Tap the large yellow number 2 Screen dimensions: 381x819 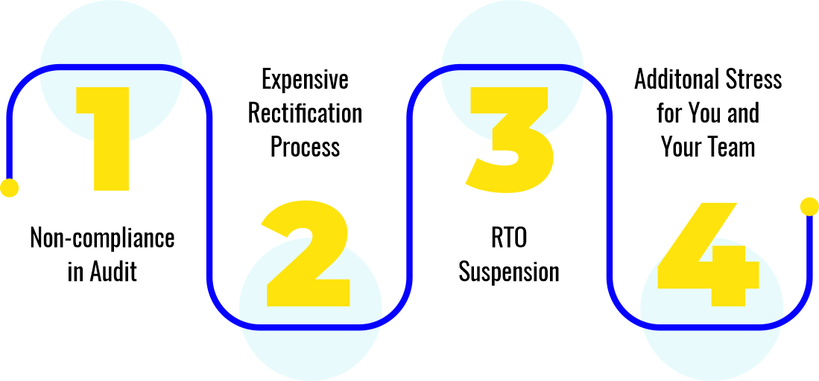pyautogui.click(x=306, y=253)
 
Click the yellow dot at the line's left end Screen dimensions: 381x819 pyautogui.click(x=9, y=188)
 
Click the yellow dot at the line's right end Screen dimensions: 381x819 pyautogui.click(x=809, y=207)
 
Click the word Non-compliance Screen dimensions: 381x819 pyautogui.click(x=102, y=239)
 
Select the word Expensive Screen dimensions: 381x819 pyautogui.click(x=305, y=79)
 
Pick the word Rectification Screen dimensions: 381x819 pyautogui.click(x=305, y=113)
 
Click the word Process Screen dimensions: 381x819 pyautogui.click(x=305, y=147)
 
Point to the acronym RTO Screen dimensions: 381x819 pyautogui.click(x=509, y=239)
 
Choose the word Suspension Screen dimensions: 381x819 pyautogui.click(x=509, y=272)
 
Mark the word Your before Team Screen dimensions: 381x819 pyautogui.click(x=683, y=147)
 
